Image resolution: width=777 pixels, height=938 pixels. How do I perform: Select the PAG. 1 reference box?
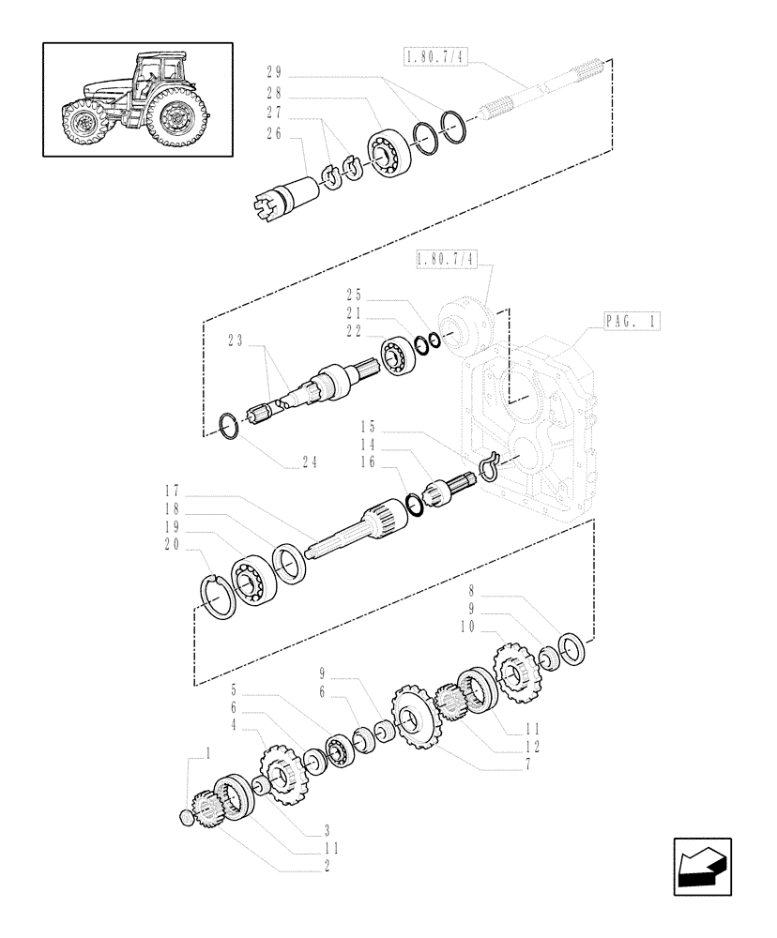630,322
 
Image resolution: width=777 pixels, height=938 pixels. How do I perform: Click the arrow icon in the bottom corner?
701,866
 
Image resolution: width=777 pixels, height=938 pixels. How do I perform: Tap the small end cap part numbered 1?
187,819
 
